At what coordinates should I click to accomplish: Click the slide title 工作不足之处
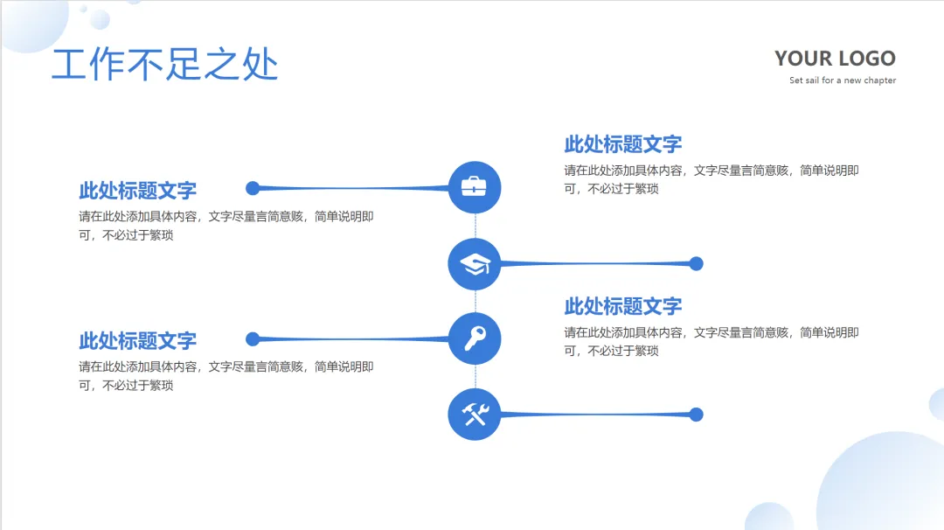tap(164, 65)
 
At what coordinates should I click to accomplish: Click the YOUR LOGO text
tap(835, 59)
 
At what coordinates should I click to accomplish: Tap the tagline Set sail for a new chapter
tap(843, 80)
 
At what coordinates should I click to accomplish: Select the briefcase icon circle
tap(475, 187)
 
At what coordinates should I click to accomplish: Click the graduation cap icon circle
tap(475, 263)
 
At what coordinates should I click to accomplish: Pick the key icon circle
tap(475, 338)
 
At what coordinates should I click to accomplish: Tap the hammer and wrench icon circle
tap(475, 414)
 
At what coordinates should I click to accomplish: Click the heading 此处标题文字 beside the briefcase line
tap(137, 190)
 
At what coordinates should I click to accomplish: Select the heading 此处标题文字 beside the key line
tap(137, 340)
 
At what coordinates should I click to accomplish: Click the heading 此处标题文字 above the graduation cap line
tap(622, 143)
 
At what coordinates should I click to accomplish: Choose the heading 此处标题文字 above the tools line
tap(622, 306)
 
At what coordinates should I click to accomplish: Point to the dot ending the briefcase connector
tap(253, 188)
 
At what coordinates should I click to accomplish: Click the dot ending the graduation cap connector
tap(696, 263)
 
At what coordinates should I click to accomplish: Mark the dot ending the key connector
tap(253, 339)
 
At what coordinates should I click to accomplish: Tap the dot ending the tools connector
tap(696, 415)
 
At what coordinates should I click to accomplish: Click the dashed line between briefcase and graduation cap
tap(475, 225)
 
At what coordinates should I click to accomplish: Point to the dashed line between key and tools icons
tap(475, 376)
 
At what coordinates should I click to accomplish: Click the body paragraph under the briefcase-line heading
tap(226, 226)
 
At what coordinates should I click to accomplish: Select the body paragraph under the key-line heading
tap(226, 376)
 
